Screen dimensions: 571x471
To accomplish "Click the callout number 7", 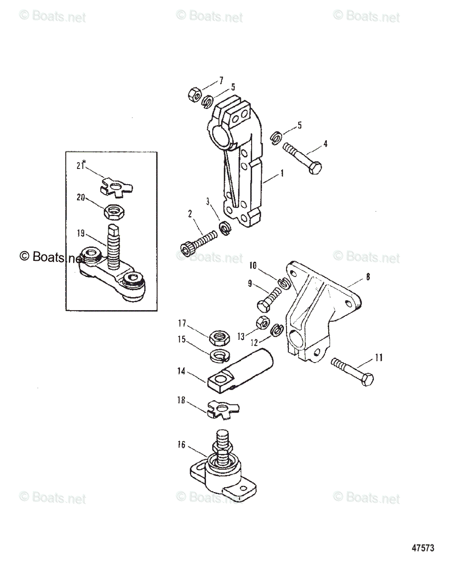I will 220,79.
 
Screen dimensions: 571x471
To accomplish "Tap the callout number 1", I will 282,174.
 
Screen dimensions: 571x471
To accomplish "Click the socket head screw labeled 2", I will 199,243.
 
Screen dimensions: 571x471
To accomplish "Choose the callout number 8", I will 367,276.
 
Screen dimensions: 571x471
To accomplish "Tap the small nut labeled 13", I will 262,323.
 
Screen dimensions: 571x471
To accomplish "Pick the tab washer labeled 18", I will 223,410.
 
